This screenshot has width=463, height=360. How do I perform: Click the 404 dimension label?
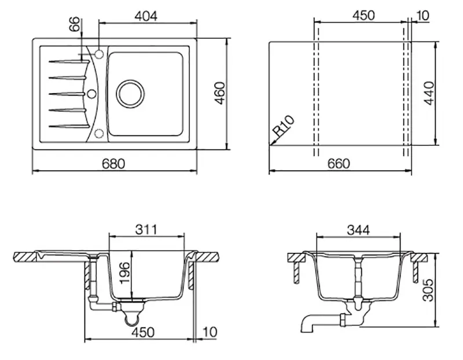click(x=146, y=16)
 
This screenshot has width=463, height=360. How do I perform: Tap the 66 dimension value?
click(x=75, y=24)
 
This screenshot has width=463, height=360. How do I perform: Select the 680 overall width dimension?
click(x=113, y=164)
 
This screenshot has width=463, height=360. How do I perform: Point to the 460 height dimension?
click(x=220, y=93)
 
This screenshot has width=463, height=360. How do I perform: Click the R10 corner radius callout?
click(x=283, y=126)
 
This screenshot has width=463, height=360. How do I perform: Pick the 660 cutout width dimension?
click(x=339, y=164)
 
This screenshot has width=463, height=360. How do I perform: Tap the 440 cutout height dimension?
click(x=429, y=93)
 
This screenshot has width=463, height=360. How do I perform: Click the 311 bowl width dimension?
click(x=146, y=229)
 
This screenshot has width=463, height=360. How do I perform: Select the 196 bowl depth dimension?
click(x=124, y=272)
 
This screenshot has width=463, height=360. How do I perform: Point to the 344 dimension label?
click(x=358, y=230)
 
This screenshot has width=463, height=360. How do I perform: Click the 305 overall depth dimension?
click(x=428, y=290)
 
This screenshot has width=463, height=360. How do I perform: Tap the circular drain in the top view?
click(x=130, y=94)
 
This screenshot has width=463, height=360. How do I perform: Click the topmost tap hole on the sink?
click(x=99, y=54)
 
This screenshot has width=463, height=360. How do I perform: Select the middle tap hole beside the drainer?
click(x=92, y=94)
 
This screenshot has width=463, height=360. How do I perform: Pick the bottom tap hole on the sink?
click(x=99, y=134)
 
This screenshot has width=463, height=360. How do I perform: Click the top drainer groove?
click(x=69, y=61)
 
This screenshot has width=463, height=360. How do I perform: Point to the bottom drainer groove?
click(x=69, y=126)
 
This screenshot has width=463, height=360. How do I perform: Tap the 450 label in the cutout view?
click(x=363, y=16)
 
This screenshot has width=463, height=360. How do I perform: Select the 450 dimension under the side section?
click(x=143, y=332)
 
